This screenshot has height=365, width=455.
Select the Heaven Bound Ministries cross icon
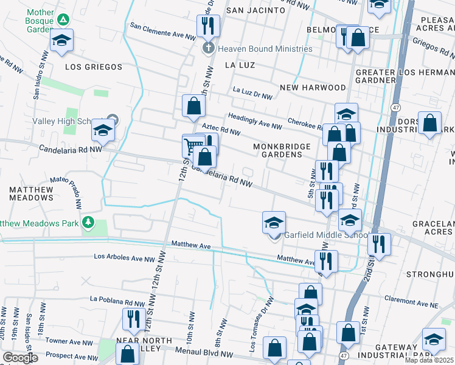coord(208,49)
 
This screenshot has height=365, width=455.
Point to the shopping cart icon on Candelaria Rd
coord(193,145)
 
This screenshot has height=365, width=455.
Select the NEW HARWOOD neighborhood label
coord(313,88)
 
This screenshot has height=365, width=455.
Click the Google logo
coord(21,358)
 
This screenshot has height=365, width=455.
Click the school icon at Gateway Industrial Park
coord(434,339)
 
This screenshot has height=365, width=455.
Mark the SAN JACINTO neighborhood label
coord(255,10)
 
